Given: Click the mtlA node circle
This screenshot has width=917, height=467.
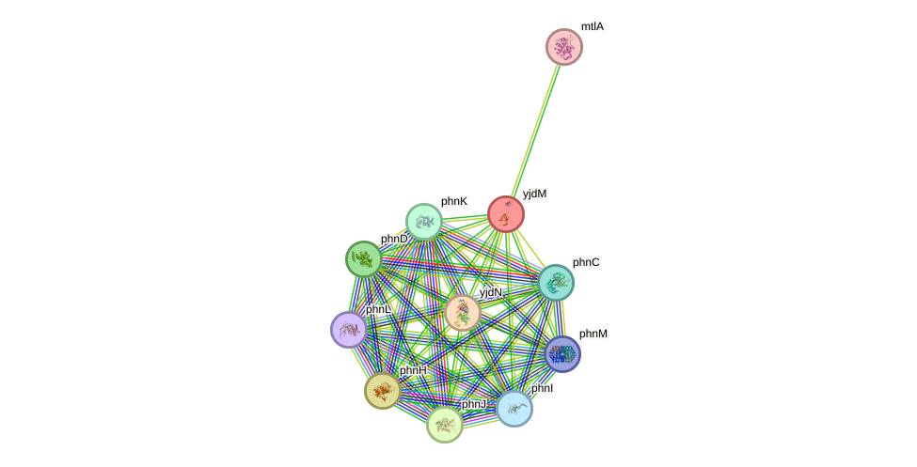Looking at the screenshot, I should (564, 47).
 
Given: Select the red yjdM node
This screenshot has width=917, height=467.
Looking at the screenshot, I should (506, 215).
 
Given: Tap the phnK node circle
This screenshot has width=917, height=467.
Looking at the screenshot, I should (424, 222).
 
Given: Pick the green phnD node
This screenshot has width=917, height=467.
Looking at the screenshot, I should (364, 259).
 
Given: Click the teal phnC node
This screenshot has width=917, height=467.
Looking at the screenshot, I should (556, 283).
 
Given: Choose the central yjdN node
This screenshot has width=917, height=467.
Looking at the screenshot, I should (463, 313).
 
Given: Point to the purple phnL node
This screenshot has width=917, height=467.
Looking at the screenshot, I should (349, 330).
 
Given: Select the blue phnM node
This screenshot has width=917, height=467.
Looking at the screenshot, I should (562, 354).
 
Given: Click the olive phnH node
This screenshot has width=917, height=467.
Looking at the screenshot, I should (383, 390).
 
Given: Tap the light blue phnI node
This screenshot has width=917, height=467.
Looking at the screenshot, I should (514, 409).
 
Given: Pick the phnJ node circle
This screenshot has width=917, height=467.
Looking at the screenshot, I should (445, 425).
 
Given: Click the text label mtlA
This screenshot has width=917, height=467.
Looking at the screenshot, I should (593, 26).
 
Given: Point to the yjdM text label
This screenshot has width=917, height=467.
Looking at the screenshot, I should (534, 194).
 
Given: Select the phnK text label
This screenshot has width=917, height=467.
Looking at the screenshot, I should (454, 201).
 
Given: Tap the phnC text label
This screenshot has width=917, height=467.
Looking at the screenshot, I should (586, 262).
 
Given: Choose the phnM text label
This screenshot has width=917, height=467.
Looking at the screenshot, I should (593, 334).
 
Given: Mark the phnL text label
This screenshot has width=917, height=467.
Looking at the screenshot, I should (378, 309).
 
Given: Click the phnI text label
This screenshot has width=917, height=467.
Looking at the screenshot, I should (543, 388).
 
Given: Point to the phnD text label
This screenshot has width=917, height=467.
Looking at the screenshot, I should (394, 239).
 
